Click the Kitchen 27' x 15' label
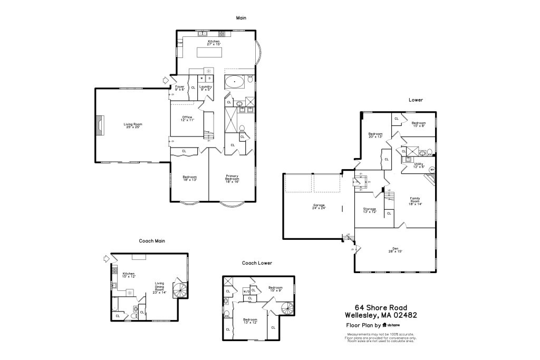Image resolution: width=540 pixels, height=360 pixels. click(x=214, y=43)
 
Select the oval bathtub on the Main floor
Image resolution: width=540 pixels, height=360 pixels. click(x=235, y=82)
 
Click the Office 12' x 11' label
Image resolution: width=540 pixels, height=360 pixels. click(x=187, y=119)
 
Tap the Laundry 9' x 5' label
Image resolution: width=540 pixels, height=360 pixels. click(x=206, y=88)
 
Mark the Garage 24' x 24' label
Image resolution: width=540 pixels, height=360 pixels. click(x=319, y=207)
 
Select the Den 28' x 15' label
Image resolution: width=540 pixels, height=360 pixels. click(x=395, y=250)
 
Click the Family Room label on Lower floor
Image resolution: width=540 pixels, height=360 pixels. click(x=415, y=201)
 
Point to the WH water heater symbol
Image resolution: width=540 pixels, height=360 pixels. click(x=432, y=170)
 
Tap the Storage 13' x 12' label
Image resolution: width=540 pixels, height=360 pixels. click(x=369, y=210)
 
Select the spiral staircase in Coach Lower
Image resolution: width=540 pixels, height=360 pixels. click(x=287, y=308)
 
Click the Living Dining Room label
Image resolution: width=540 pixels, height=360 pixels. click(x=159, y=288)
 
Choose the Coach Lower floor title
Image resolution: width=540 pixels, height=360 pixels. click(x=257, y=262)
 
